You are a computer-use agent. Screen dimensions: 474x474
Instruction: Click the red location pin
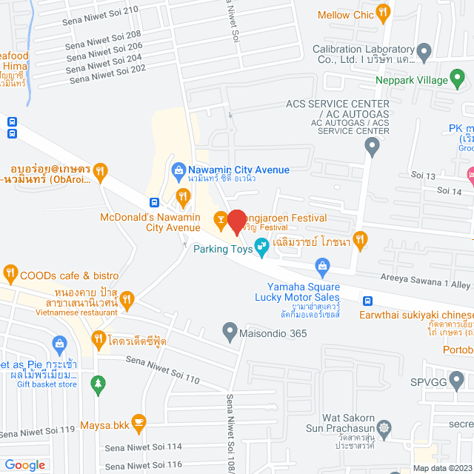[x=236, y=223]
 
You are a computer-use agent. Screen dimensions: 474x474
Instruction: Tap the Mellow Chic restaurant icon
[x=382, y=12]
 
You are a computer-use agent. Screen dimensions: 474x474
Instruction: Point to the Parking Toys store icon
[x=261, y=246]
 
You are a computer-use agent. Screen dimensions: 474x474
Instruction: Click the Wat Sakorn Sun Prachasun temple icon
[x=384, y=427]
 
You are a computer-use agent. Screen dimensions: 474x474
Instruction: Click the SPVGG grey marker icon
[x=458, y=382]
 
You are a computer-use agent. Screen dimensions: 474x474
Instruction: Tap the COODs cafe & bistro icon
[x=10, y=273]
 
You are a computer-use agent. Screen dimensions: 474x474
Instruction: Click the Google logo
[x=25, y=464]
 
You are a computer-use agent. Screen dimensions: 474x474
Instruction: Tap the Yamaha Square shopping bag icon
[x=322, y=264]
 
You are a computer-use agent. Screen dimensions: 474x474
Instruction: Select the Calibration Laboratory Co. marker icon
[x=424, y=53]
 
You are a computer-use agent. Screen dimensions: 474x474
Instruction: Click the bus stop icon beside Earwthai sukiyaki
[x=367, y=301]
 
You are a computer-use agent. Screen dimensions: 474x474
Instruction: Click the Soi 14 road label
[x=450, y=191]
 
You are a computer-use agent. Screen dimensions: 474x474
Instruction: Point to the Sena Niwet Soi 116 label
[x=144, y=464]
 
